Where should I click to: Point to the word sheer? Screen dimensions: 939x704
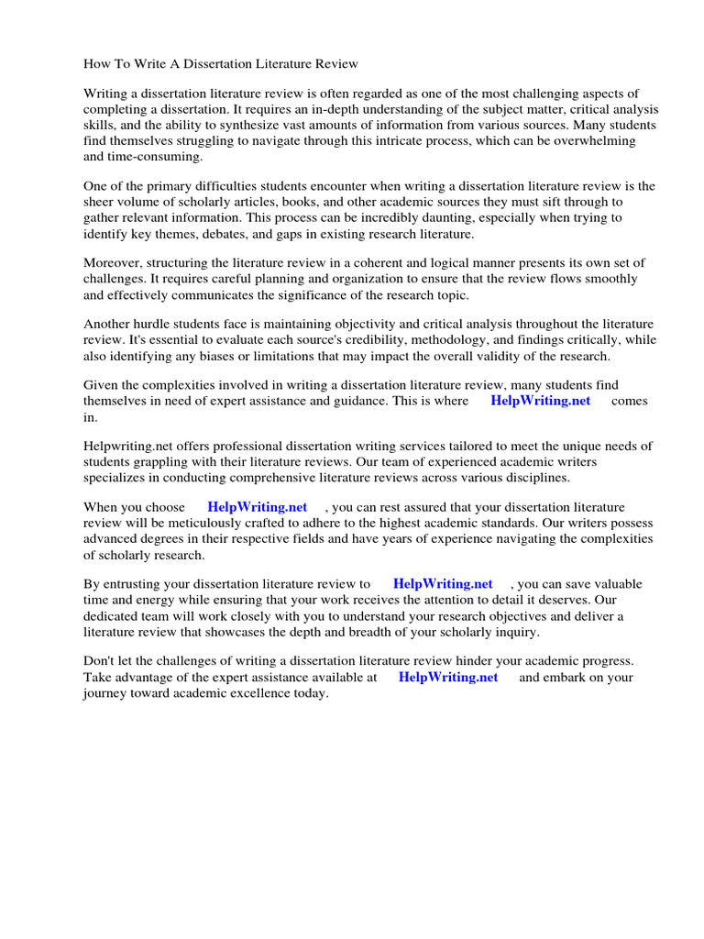point(100,203)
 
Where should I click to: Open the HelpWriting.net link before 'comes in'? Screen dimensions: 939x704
point(540,401)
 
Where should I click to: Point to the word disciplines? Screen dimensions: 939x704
point(533,478)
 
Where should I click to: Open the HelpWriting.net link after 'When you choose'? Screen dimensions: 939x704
point(257,507)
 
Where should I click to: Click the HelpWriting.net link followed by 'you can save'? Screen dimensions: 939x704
point(443,584)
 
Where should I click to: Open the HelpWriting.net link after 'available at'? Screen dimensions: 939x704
point(448,678)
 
